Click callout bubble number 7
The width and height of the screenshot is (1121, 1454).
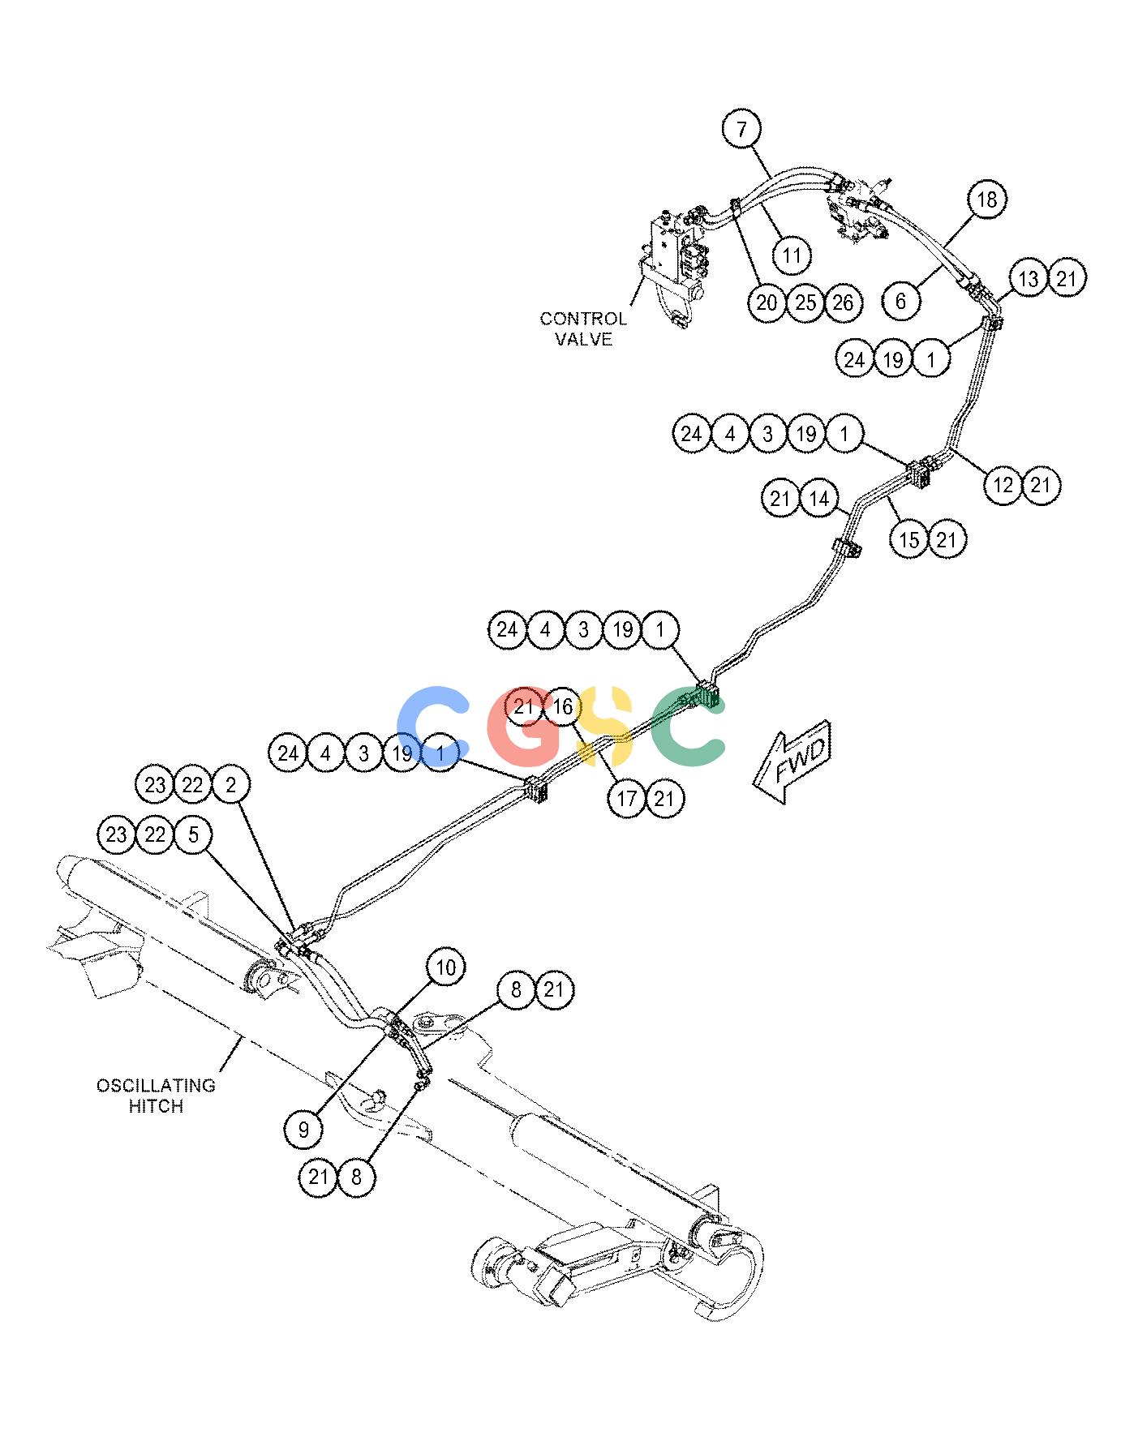744,129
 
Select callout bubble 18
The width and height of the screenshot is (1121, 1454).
986,199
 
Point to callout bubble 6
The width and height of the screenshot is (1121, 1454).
900,302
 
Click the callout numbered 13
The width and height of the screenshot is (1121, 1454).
1029,279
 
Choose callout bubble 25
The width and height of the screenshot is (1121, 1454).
805,303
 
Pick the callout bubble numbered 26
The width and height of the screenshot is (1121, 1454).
843,303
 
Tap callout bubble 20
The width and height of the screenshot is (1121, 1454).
767,303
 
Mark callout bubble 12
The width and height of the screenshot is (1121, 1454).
1003,485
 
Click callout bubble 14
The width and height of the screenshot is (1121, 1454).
818,499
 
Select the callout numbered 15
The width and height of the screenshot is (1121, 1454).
909,539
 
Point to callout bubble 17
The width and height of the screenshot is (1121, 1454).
627,799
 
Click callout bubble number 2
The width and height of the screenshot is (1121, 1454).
232,785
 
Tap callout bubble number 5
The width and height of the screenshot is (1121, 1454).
193,834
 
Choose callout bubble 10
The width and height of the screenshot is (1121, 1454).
446,967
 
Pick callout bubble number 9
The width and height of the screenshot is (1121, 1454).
304,1129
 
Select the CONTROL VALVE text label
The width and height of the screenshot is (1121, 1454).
583,329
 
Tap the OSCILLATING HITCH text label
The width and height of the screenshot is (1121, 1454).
157,1096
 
